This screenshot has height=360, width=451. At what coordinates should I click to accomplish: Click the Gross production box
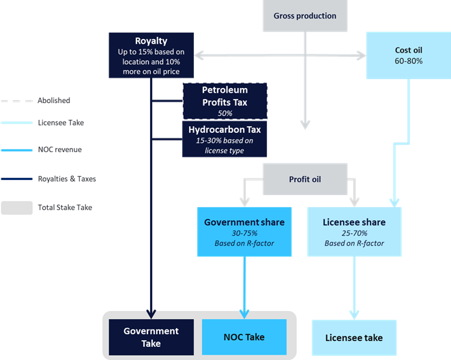[304, 16]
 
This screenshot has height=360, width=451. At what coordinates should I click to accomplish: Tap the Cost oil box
[408, 55]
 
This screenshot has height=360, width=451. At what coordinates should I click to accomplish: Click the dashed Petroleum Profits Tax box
[224, 101]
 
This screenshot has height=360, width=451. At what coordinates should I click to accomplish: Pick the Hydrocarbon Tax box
[224, 140]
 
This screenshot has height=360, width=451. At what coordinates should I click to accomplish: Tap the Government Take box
[151, 337]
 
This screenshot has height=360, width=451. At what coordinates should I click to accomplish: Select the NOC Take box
[244, 337]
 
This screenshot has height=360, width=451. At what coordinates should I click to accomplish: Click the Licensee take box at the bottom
[353, 337]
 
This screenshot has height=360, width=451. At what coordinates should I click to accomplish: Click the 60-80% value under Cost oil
[408, 61]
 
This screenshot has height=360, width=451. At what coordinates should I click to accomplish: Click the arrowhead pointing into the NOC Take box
[244, 315]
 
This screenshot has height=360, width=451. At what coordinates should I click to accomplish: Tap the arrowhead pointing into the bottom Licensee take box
[353, 315]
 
